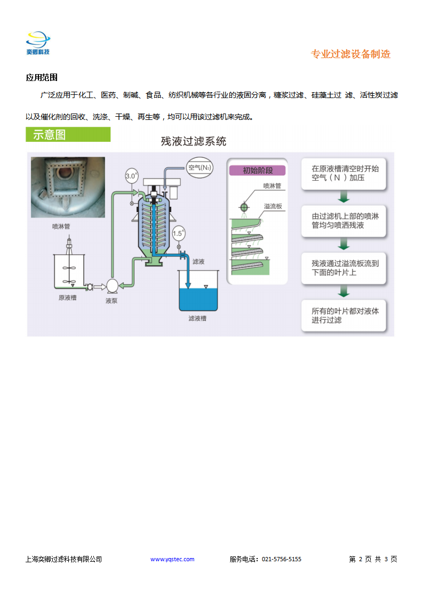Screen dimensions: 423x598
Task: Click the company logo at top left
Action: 38,43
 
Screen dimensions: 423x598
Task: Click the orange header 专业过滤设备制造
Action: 350,54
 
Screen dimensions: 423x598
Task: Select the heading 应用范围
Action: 42,77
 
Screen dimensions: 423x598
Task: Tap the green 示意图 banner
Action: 68,135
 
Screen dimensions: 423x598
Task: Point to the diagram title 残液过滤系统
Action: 194,141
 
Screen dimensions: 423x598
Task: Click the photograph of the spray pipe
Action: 68,187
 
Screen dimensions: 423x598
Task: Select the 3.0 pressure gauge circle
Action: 131,176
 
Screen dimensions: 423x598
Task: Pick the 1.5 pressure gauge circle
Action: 178,233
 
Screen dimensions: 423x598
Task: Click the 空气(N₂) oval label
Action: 199,167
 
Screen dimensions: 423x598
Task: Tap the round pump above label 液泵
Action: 112,286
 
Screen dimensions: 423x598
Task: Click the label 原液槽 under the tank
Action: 68,298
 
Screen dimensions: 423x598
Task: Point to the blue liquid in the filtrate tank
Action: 198,300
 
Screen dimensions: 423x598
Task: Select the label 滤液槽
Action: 197,318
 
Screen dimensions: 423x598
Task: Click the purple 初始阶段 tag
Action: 258,171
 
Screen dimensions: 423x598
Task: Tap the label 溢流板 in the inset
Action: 273,206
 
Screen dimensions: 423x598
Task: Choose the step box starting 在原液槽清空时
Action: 344,174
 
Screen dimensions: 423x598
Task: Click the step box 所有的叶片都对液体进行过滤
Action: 344,316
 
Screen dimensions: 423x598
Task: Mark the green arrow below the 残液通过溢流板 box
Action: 344,291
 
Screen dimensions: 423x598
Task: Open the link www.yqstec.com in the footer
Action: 172,559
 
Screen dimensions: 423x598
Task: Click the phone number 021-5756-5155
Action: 281,559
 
